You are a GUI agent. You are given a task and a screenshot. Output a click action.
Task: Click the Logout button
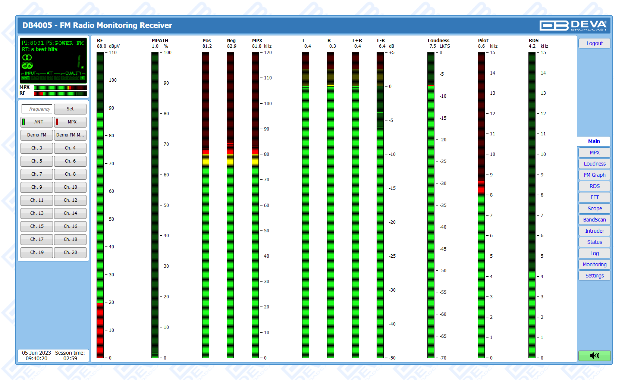point(594,43)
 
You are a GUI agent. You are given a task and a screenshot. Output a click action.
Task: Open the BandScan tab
point(594,220)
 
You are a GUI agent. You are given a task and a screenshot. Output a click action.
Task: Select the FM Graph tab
point(594,175)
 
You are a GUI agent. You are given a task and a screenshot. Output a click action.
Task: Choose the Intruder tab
point(594,231)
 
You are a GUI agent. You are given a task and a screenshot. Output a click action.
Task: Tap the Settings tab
point(594,276)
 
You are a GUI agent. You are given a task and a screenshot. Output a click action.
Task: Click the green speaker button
point(594,355)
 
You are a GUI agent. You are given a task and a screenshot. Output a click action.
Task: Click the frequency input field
point(37,109)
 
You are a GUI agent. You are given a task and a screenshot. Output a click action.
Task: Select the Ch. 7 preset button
point(37,174)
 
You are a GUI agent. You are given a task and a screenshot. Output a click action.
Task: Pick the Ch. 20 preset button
point(70,252)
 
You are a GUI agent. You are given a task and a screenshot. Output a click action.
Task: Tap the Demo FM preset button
point(37,135)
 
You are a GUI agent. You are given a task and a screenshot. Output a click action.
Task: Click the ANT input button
point(37,122)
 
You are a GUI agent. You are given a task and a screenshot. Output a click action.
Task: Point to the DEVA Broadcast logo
point(573,25)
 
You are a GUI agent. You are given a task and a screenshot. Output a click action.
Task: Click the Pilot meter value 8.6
point(481,46)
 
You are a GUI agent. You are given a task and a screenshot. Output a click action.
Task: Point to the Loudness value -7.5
point(432,46)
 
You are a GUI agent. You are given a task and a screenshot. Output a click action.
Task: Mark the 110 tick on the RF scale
point(113,53)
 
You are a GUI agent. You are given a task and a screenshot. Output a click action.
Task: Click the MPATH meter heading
point(160,41)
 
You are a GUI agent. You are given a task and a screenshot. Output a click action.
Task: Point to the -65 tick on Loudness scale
point(443,336)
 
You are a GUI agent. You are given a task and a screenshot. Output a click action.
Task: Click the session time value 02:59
point(70,358)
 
